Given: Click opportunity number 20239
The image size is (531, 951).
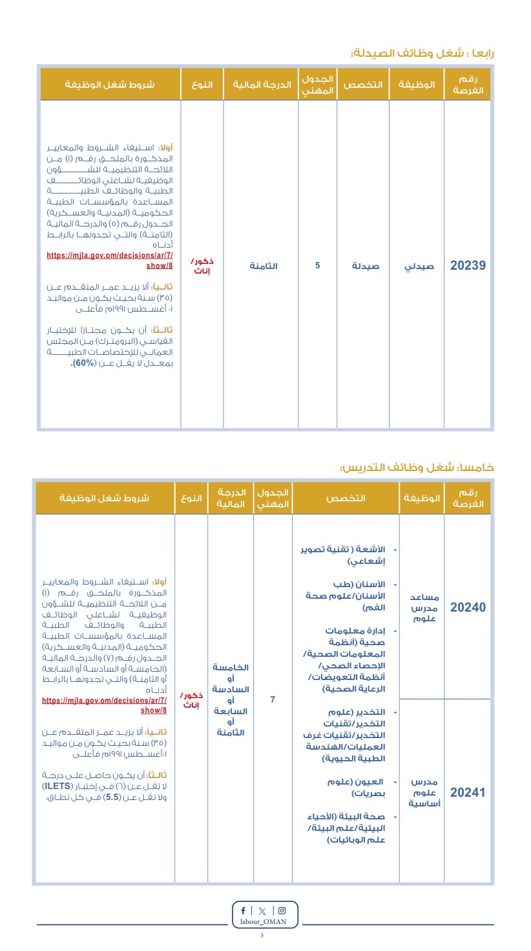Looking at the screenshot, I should [x=468, y=265].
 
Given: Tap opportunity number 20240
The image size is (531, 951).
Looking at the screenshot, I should [x=468, y=607].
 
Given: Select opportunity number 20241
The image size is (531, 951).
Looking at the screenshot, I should [x=468, y=793].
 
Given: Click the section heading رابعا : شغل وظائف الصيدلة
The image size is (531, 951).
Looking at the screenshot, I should [x=422, y=53].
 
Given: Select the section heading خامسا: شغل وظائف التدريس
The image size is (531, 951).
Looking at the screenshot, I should [x=417, y=466].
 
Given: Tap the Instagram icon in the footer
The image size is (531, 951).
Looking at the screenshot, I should [x=281, y=911].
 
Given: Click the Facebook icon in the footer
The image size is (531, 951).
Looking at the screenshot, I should [x=243, y=911].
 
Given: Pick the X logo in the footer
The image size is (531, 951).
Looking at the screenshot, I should [x=262, y=911].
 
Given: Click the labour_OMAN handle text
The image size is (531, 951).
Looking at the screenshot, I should [x=265, y=923].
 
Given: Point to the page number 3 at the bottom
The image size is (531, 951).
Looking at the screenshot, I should [x=262, y=936].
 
